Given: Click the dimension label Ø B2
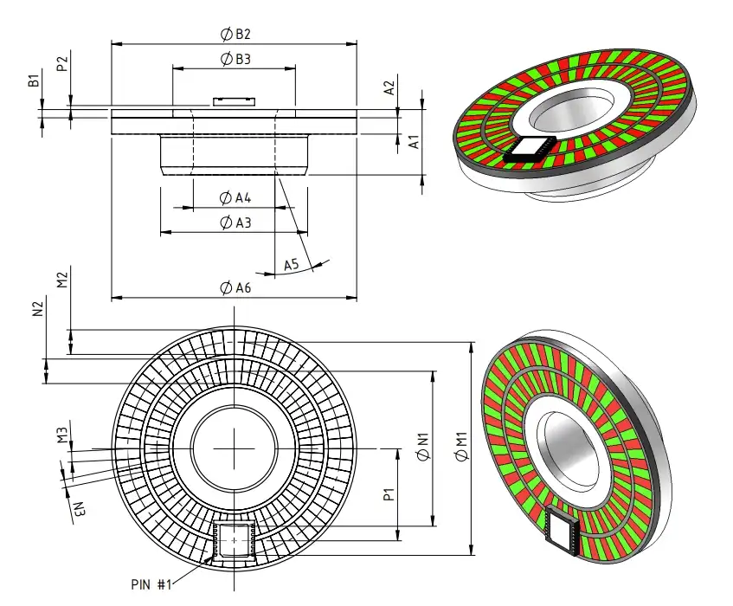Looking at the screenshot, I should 235,35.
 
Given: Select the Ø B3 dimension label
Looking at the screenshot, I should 235,60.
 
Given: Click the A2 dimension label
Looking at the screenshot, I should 389,87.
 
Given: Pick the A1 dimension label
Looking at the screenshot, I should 414,141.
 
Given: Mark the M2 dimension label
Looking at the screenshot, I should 62,279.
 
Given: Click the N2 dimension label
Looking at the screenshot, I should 38,309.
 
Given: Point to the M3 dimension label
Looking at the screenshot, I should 62,434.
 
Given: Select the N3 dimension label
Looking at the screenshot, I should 78,509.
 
